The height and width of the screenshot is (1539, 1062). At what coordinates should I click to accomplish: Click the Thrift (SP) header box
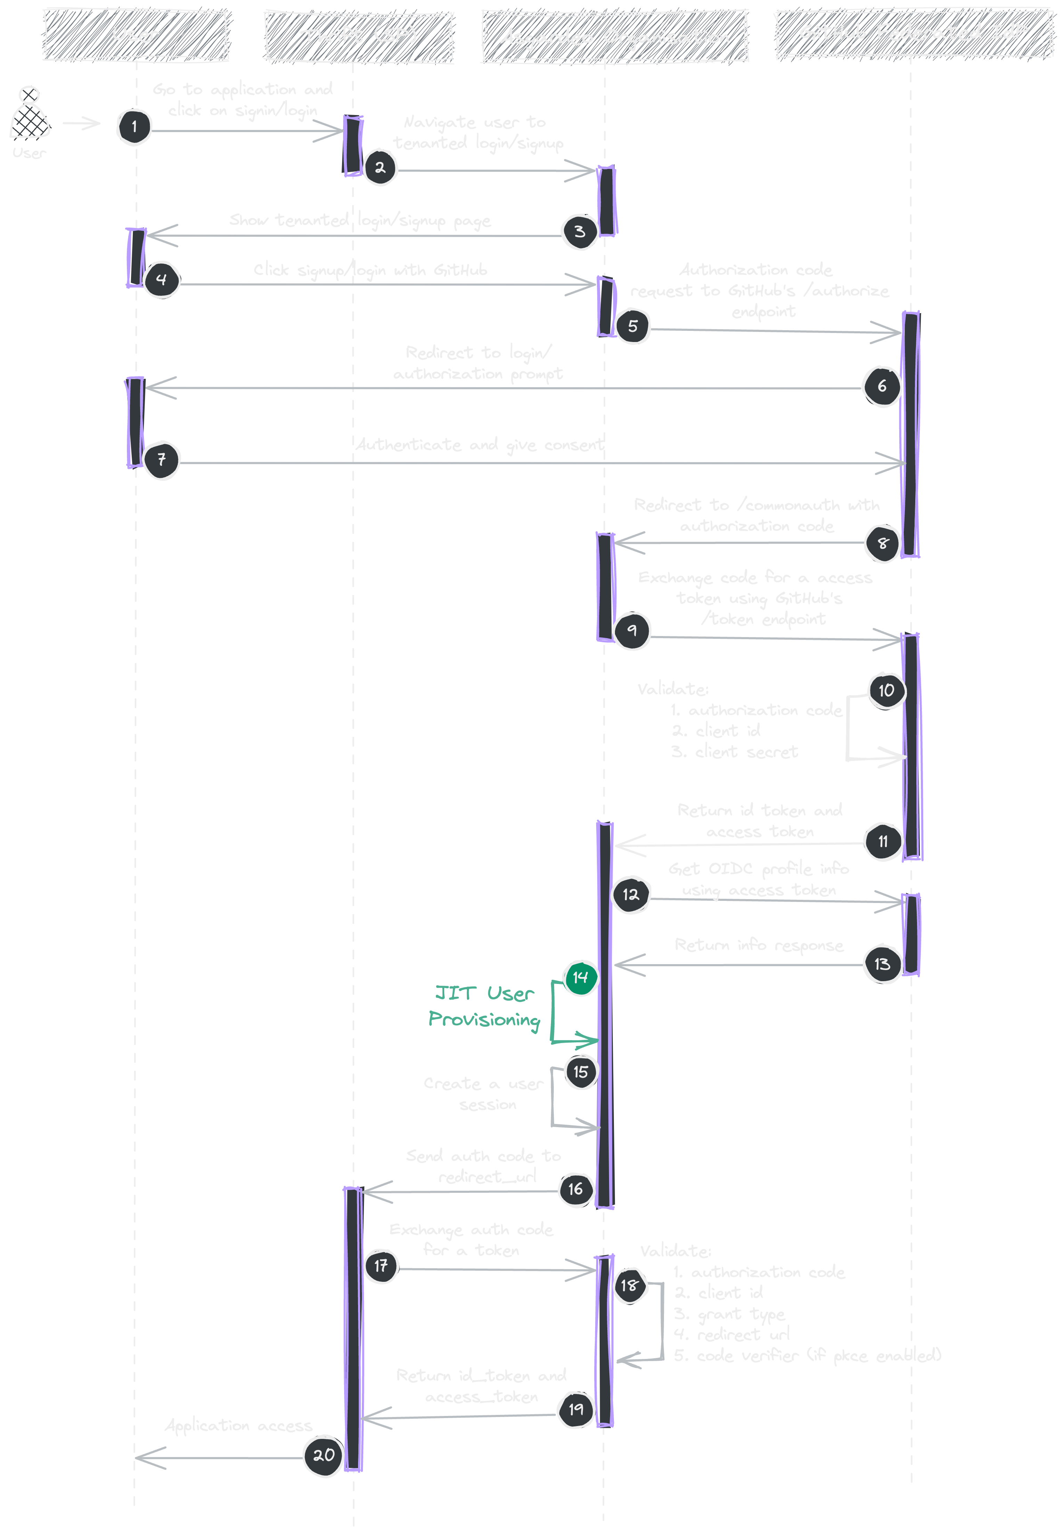tap(359, 36)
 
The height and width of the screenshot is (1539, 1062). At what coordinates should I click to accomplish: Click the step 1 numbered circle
tap(135, 127)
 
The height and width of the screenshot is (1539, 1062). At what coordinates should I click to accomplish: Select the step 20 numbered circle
tap(323, 1455)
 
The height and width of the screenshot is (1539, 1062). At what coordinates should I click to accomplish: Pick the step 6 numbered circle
tap(882, 386)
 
